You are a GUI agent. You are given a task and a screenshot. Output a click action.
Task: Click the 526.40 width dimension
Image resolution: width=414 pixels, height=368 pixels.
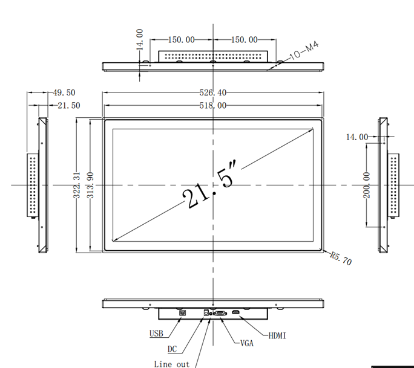click(213, 93)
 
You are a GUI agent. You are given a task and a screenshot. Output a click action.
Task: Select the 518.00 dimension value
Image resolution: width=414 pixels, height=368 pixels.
click(213, 105)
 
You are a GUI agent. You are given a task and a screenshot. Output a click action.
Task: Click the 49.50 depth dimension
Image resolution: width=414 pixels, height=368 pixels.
click(64, 93)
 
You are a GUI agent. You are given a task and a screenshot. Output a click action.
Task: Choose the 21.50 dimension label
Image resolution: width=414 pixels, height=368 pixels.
click(68, 105)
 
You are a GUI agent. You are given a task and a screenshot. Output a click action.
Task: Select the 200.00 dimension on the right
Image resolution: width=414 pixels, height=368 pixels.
click(366, 187)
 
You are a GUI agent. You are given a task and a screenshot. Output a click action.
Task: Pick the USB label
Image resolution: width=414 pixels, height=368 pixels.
click(156, 334)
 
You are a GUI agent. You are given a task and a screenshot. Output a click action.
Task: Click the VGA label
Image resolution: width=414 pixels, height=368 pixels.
click(246, 343)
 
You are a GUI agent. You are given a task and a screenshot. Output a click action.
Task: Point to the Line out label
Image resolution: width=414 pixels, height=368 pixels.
click(171, 364)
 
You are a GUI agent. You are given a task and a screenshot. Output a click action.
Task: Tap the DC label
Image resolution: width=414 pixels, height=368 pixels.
click(172, 349)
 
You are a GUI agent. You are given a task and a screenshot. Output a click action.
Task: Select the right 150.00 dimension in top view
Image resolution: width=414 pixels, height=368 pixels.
click(245, 40)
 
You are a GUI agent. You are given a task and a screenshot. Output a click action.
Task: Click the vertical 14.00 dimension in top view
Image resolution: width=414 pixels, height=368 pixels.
click(140, 39)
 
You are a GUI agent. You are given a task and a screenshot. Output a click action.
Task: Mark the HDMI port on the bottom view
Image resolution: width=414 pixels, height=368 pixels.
click(235, 314)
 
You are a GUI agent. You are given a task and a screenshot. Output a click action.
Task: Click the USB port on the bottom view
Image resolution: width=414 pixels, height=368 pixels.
click(183, 313)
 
